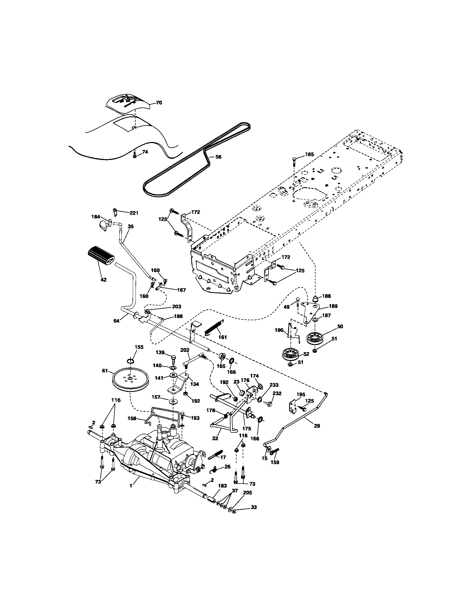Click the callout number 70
click(159, 103)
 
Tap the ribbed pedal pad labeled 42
click(101, 255)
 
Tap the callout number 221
click(134, 213)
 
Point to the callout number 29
click(317, 426)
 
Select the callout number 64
click(116, 321)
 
